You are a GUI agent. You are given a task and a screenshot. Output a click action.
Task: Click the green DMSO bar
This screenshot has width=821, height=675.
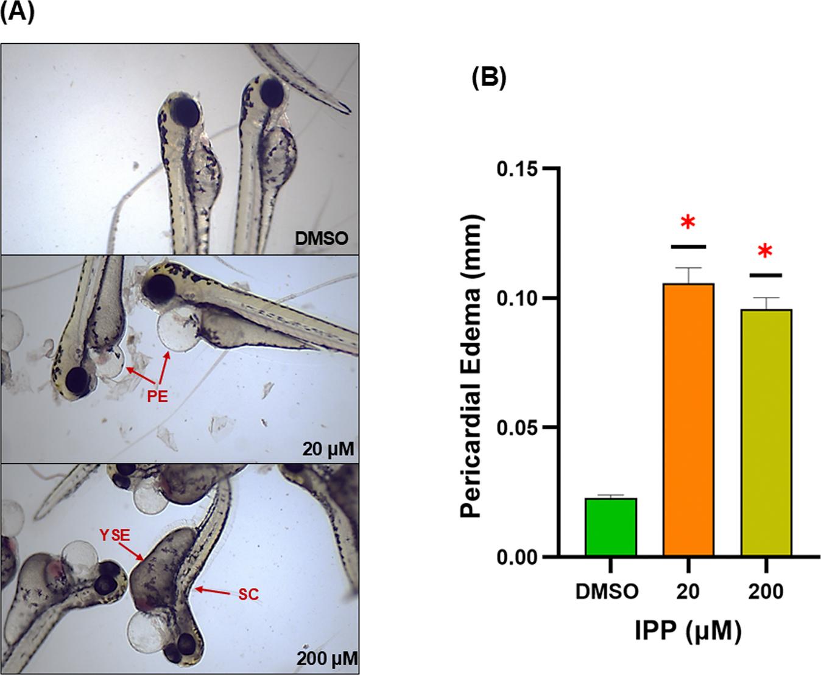point(611,527)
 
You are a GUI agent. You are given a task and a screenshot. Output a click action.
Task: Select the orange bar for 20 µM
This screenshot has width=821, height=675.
point(688,420)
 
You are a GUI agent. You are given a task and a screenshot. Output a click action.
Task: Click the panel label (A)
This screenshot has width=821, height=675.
point(16,12)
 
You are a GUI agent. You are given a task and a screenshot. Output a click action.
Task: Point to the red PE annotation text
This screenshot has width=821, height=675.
point(157,397)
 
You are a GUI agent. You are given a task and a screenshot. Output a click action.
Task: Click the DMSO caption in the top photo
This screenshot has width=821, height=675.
point(321,238)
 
